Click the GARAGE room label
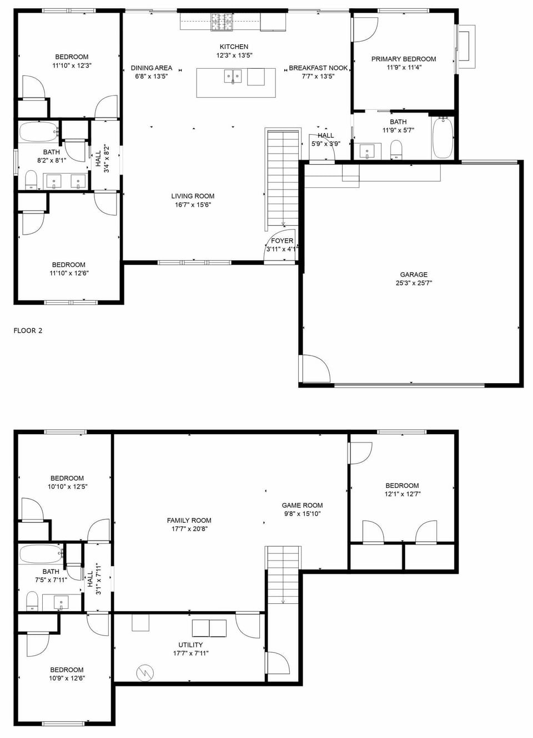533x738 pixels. (x=414, y=274)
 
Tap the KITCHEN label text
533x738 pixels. (x=234, y=47)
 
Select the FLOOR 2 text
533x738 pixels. (x=28, y=330)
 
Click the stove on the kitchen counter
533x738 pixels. (x=222, y=22)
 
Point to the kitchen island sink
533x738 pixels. (x=233, y=76)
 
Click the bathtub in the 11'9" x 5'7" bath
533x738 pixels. (x=443, y=137)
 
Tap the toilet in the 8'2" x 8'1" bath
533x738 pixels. (x=31, y=179)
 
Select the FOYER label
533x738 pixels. (x=282, y=241)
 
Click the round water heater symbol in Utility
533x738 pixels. (x=145, y=673)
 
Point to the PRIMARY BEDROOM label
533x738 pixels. (x=404, y=59)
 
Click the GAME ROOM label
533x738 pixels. (x=302, y=505)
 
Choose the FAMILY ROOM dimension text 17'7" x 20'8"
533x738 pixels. (x=189, y=529)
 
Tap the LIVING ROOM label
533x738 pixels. (x=193, y=196)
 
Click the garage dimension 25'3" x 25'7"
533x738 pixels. (x=414, y=283)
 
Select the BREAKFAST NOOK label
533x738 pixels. (x=318, y=68)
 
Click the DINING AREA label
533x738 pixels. (x=152, y=68)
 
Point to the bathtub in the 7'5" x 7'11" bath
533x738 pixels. (x=40, y=553)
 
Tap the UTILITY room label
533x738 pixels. (x=190, y=645)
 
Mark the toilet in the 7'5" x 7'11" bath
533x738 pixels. (x=32, y=600)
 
